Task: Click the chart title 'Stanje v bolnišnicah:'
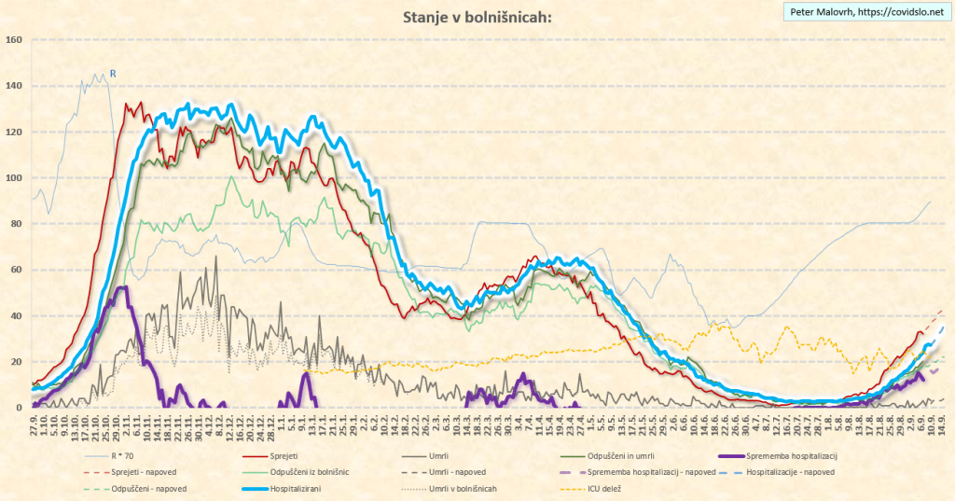pyautogui.click(x=477, y=17)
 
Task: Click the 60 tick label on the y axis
pyautogui.click(x=16, y=270)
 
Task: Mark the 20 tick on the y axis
pyautogui.click(x=16, y=362)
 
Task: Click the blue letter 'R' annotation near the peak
pyautogui.click(x=113, y=74)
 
